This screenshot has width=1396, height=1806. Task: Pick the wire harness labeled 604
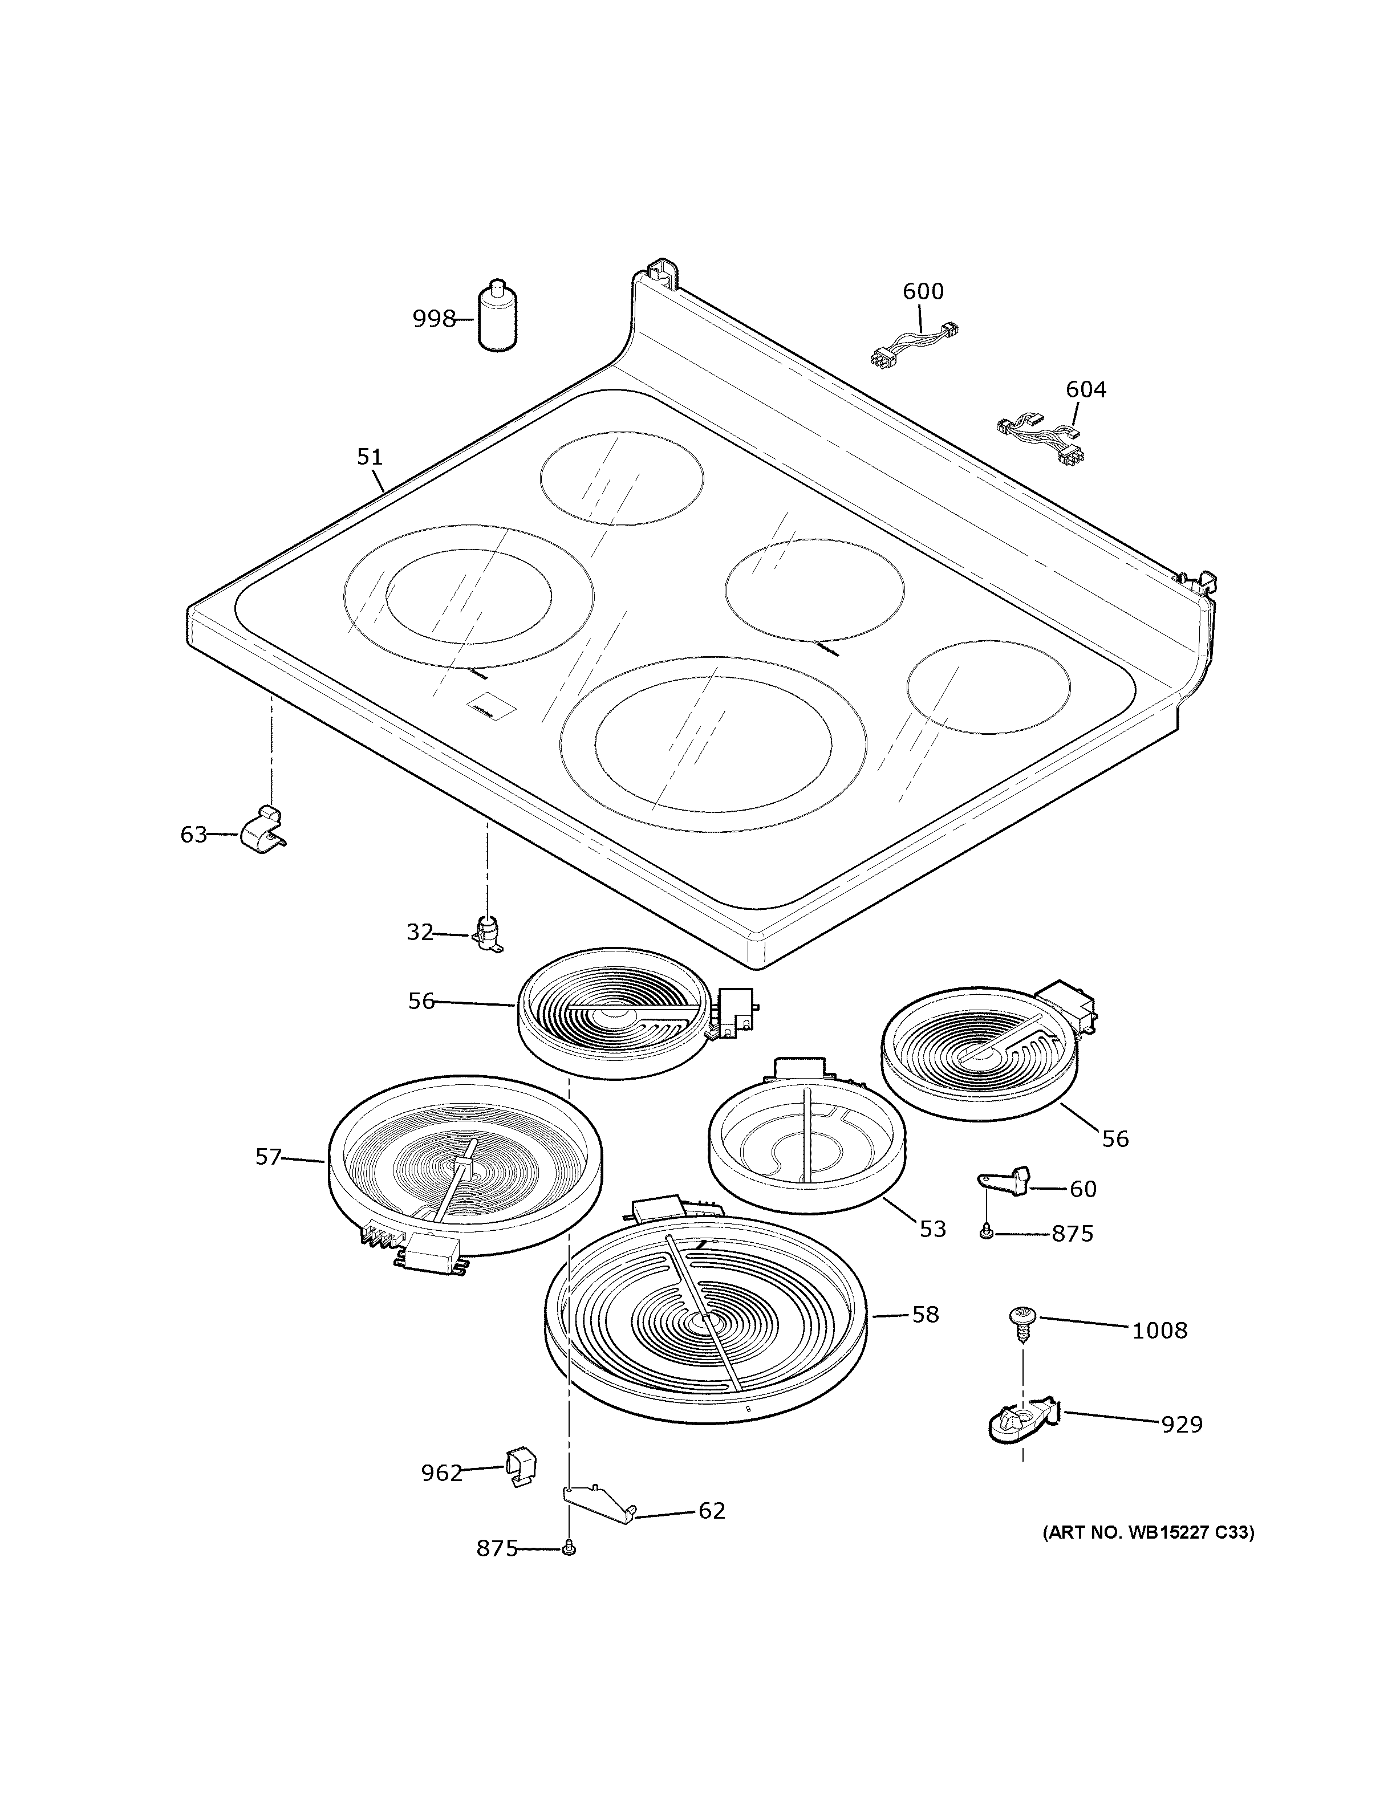[1042, 440]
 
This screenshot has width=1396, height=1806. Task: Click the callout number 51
[370, 457]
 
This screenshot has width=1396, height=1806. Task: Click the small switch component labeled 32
[488, 934]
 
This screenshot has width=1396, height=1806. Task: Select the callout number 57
[268, 1157]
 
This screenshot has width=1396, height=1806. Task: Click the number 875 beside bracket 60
[1072, 1258]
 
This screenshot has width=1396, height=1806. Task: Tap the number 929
[1181, 1425]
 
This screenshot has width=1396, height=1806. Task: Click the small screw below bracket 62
[568, 1548]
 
